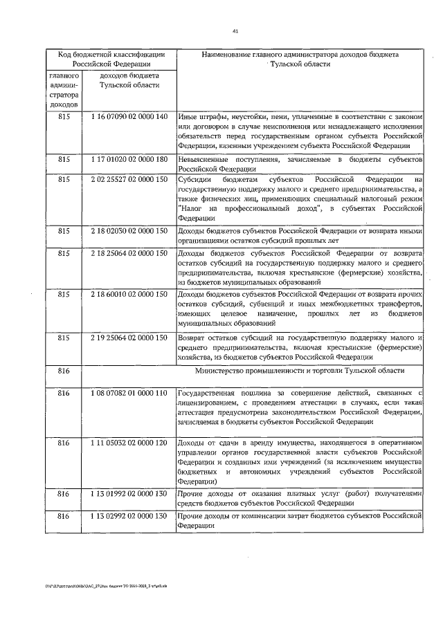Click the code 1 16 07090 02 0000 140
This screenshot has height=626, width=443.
point(129,116)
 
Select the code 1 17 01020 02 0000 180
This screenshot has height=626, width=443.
point(129,160)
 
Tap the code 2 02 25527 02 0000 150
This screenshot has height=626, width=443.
point(129,180)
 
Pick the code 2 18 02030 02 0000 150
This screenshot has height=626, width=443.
point(129,230)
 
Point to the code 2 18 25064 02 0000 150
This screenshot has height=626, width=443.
point(129,253)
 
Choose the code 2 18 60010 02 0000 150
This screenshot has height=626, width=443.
point(129,294)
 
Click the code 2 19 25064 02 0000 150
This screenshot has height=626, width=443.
point(129,338)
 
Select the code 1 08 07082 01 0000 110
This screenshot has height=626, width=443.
point(129,393)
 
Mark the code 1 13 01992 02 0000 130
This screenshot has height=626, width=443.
point(129,495)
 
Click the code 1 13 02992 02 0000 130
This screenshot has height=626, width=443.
point(129,515)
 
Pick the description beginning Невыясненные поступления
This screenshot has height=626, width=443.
point(300,164)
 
